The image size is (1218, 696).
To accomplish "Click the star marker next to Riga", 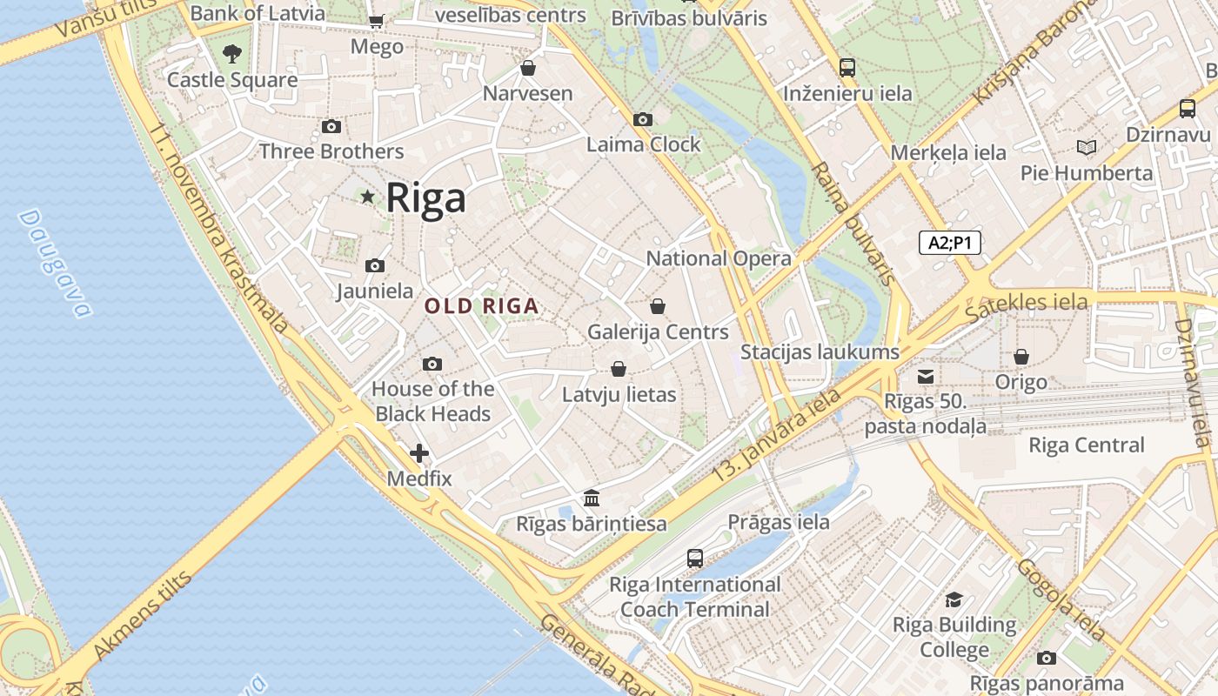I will pyautogui.click(x=368, y=197).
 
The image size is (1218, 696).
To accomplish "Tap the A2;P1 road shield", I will pyautogui.click(x=949, y=243).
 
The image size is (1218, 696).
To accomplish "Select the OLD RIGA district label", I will pyautogui.click(x=481, y=306).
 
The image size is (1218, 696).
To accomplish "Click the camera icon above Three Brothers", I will pyautogui.click(x=331, y=127).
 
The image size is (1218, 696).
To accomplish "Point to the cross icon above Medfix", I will pyautogui.click(x=419, y=453).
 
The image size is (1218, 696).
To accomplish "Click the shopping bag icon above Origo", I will pyautogui.click(x=1021, y=357).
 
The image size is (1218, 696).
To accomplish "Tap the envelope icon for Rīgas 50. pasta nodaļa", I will pyautogui.click(x=926, y=377).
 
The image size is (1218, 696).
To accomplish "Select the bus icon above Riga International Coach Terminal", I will pyautogui.click(x=694, y=559).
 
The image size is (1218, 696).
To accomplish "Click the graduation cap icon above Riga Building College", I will pyautogui.click(x=954, y=599).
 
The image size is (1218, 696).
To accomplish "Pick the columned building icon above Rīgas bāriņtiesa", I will pyautogui.click(x=592, y=499).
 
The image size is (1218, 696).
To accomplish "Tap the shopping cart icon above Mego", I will pyautogui.click(x=376, y=21).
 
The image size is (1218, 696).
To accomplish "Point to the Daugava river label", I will pyautogui.click(x=54, y=263).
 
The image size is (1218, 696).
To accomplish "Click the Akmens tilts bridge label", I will pyautogui.click(x=141, y=616).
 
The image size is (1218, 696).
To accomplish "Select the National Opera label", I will pyautogui.click(x=719, y=258).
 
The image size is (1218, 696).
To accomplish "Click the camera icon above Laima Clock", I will pyautogui.click(x=643, y=119).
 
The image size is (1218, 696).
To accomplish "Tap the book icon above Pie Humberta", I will pyautogui.click(x=1086, y=147).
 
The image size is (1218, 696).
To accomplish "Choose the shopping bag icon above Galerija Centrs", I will pyautogui.click(x=658, y=306).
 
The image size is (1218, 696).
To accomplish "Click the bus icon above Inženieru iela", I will pyautogui.click(x=847, y=68).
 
